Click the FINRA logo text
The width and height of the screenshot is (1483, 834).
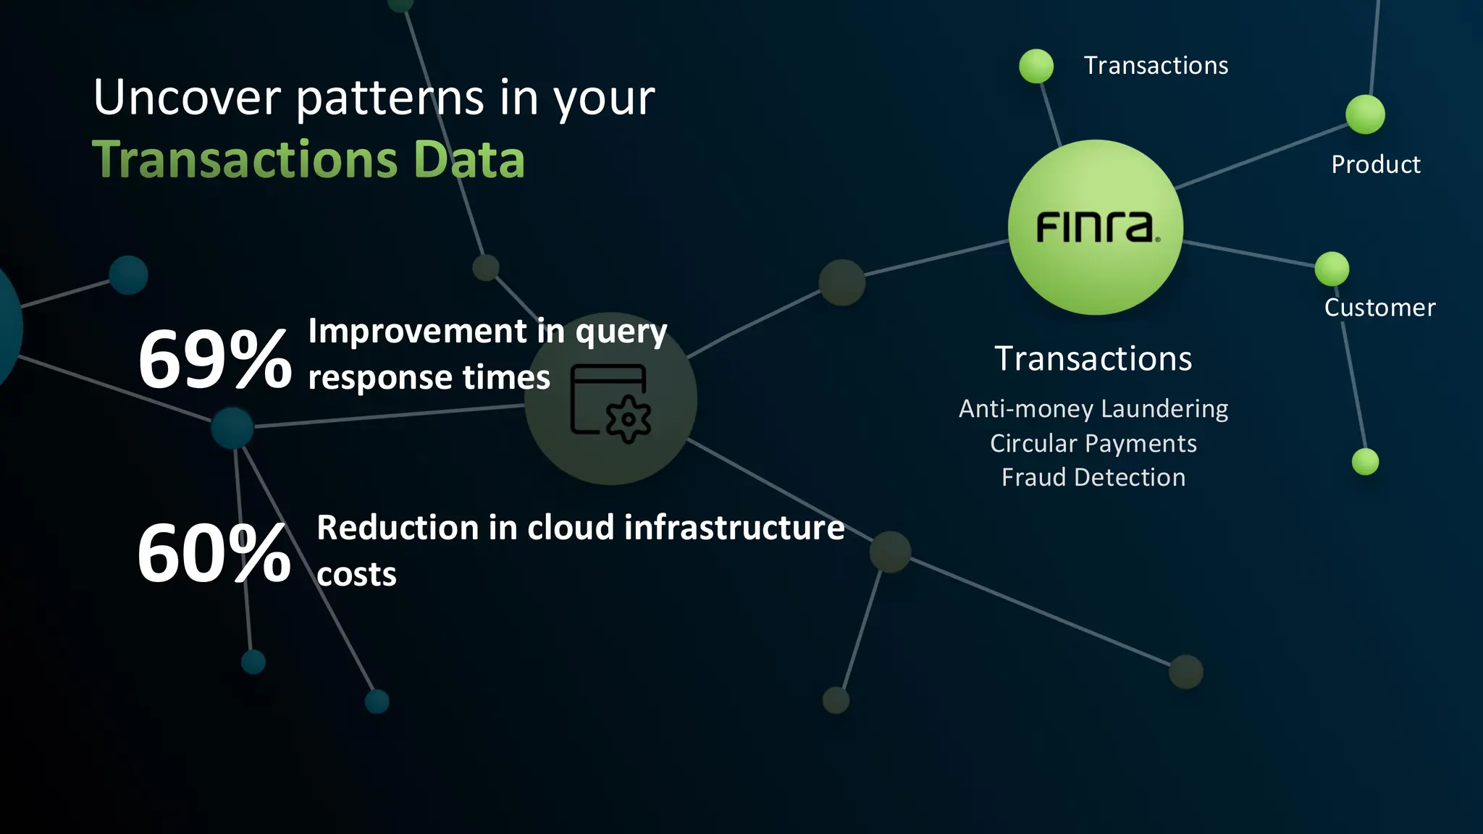(1096, 227)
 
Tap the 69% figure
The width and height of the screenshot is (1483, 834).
(214, 359)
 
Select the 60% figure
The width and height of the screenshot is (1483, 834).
(214, 554)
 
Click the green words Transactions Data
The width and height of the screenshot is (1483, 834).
(308, 160)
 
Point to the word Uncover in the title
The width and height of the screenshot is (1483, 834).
(187, 98)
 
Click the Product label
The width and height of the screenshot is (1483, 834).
(1375, 165)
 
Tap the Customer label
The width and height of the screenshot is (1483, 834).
(1379, 308)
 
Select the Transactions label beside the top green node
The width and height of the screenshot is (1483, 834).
(1156, 66)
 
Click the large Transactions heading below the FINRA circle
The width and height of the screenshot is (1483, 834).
(1093, 359)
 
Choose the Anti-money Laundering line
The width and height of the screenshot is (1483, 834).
(1093, 409)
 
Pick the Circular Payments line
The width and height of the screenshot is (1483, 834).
(1093, 444)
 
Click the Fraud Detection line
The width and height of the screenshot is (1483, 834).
(1093, 478)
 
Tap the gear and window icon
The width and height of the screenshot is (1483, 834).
(610, 403)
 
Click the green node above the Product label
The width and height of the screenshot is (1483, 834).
(1365, 114)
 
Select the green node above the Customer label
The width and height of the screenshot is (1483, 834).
(1332, 269)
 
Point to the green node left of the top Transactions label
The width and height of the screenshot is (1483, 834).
(1036, 67)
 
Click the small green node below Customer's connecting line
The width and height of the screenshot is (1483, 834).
(1365, 462)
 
